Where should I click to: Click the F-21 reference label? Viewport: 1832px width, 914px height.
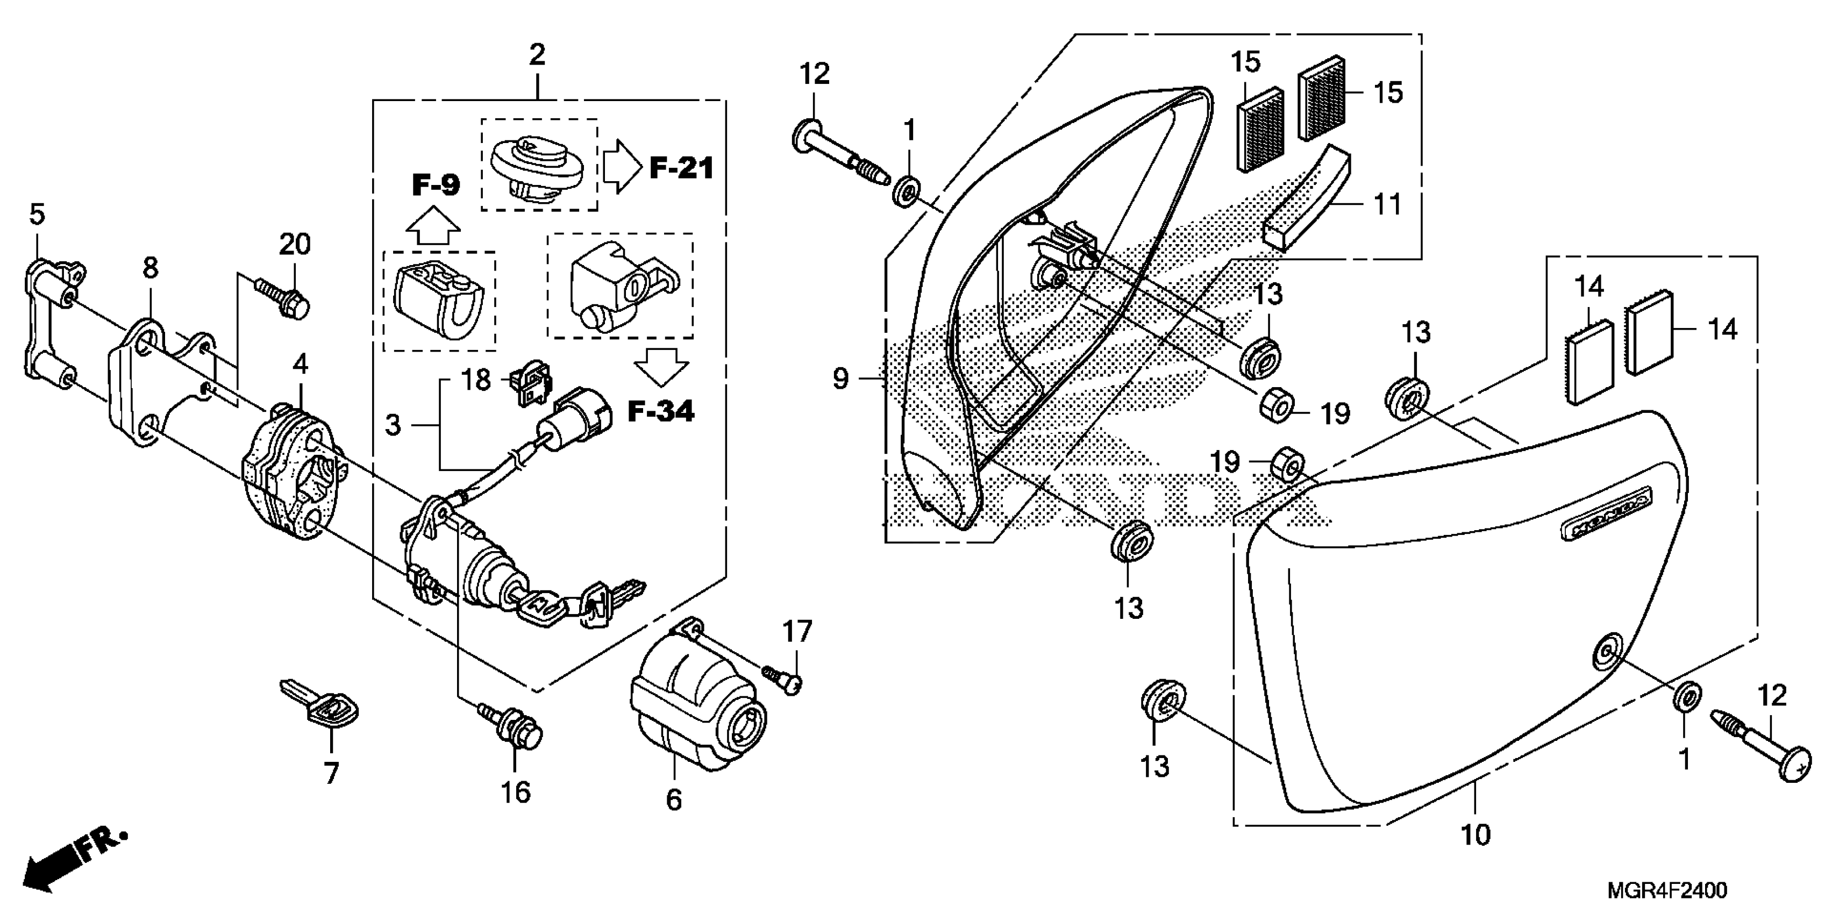pyautogui.click(x=681, y=169)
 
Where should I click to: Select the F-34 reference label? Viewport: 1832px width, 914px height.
pyautogui.click(x=661, y=411)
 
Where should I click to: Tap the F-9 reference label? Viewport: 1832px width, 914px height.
pyautogui.click(x=436, y=185)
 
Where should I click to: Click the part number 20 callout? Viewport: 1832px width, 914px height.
pyautogui.click(x=295, y=245)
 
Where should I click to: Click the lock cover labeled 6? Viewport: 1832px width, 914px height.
pyautogui.click(x=697, y=711)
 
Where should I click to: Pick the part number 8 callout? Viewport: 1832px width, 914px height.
pyautogui.click(x=150, y=268)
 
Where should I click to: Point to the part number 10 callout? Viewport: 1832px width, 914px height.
pyautogui.click(x=1475, y=834)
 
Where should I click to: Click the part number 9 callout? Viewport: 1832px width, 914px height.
pyautogui.click(x=840, y=379)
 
